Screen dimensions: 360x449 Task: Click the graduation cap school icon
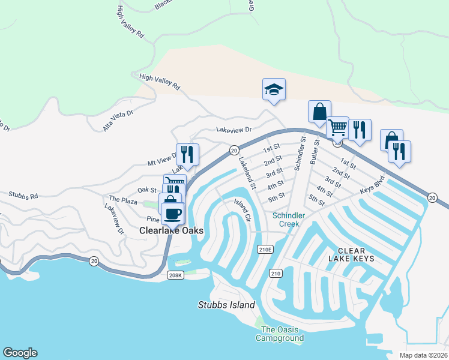point(274,90)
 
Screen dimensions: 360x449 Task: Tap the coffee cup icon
point(173,214)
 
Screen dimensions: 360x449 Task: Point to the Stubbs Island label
point(226,305)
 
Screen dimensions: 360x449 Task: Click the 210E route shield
point(265,249)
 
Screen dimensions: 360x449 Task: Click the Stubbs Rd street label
point(23,195)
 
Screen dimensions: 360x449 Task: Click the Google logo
point(20,353)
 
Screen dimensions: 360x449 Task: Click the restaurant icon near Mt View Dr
point(187,154)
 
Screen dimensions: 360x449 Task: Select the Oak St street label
point(146,190)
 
